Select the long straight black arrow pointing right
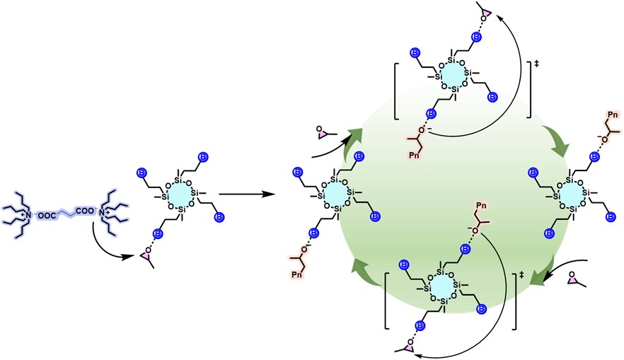(243, 192)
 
